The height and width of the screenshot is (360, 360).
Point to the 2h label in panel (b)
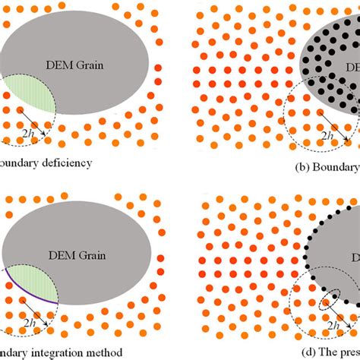[x=329, y=136]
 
